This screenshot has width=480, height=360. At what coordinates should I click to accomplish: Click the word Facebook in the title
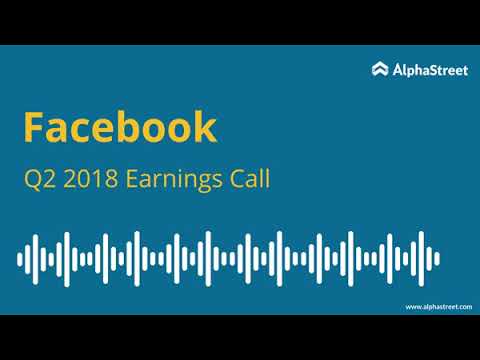pyautogui.click(x=119, y=128)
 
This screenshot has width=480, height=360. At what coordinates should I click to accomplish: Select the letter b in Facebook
pyautogui.click(x=123, y=128)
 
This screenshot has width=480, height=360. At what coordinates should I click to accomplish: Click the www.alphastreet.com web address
pyautogui.click(x=438, y=307)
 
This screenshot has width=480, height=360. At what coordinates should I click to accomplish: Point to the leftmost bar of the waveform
pyautogui.click(x=20, y=259)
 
